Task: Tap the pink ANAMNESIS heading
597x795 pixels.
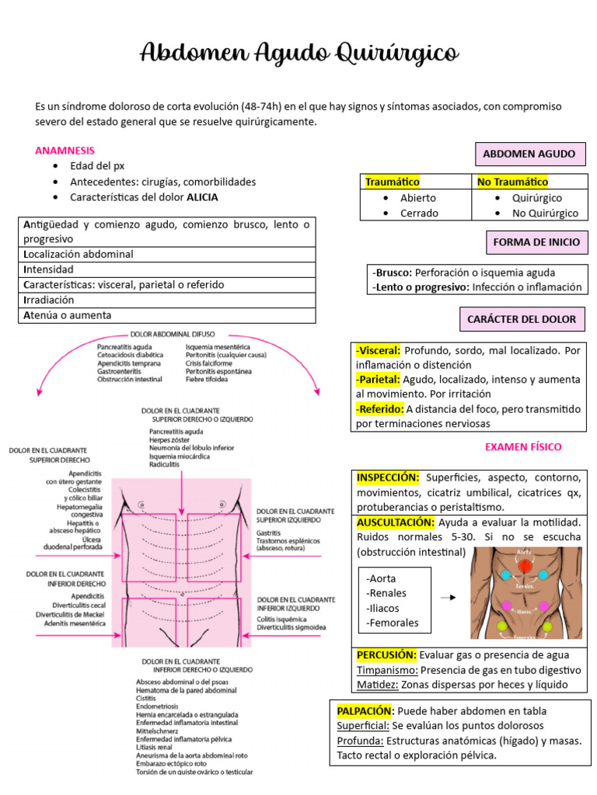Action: click(x=65, y=150)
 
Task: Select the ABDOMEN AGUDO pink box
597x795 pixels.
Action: click(x=529, y=154)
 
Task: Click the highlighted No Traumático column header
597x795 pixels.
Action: click(x=512, y=182)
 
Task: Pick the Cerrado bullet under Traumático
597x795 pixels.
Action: click(x=419, y=213)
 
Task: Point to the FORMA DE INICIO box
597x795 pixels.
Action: click(x=536, y=242)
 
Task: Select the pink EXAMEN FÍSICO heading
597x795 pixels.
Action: click(x=523, y=446)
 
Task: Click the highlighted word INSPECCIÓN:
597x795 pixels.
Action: click(x=388, y=477)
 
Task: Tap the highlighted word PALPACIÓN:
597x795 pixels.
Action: click(x=365, y=710)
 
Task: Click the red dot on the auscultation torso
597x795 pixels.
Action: click(x=525, y=565)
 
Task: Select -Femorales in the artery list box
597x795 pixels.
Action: click(x=393, y=622)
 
